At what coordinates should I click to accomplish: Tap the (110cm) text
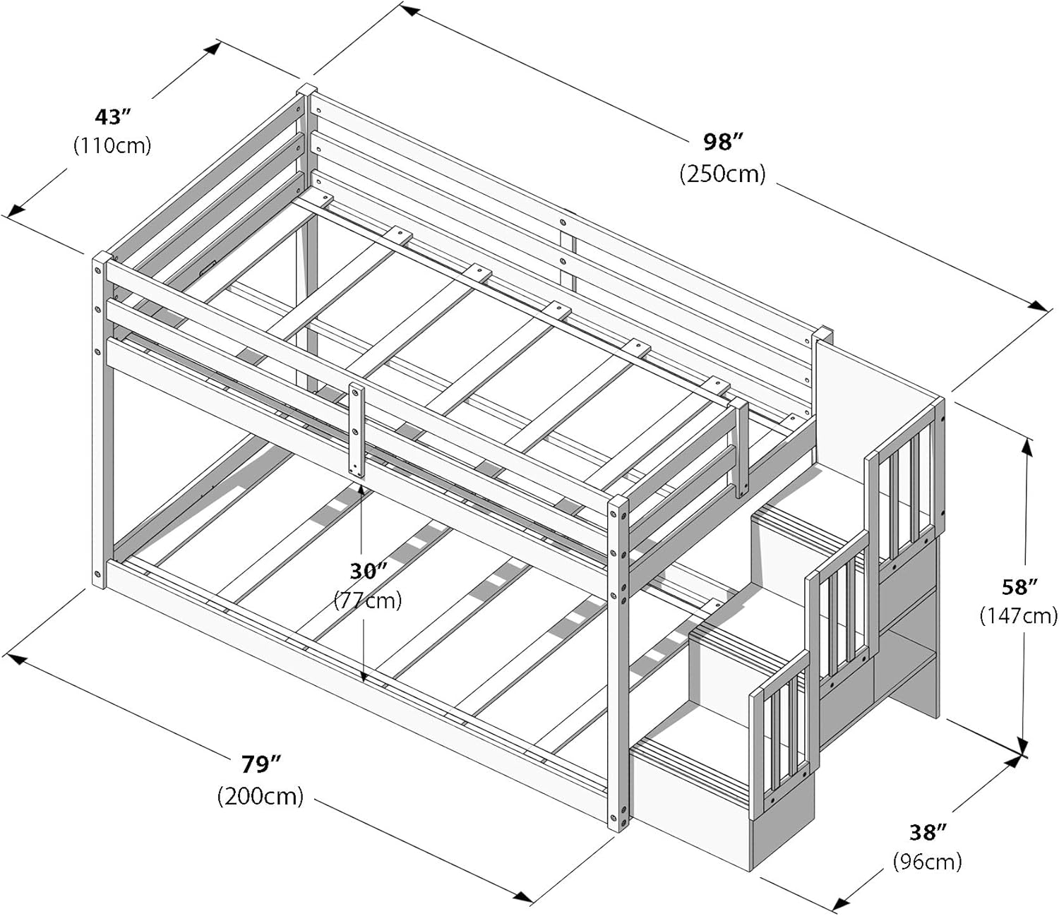point(112,145)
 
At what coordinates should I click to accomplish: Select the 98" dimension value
point(722,143)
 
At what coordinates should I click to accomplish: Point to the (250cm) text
point(722,174)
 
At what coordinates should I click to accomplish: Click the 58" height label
point(1019,586)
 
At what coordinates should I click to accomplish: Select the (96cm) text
point(927,861)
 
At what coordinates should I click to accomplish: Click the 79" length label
point(261,764)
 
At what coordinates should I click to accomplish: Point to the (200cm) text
point(261,796)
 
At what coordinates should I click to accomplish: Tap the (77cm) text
point(368,600)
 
